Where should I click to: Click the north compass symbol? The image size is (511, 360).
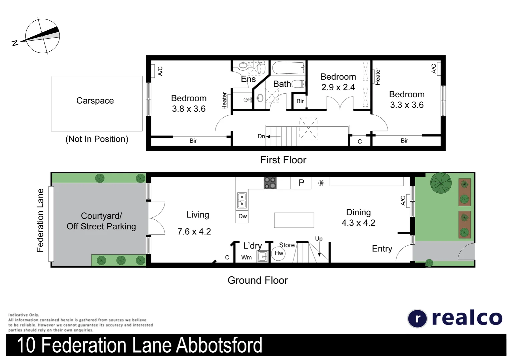click(42, 36)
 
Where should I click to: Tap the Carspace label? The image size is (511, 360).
click(95, 101)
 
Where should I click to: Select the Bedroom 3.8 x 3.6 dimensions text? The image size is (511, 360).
click(189, 109)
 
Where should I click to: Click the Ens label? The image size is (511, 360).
click(248, 79)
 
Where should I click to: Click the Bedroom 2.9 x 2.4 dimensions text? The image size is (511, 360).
click(338, 87)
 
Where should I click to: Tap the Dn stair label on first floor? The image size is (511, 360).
click(261, 136)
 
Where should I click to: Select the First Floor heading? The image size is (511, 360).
click(283, 160)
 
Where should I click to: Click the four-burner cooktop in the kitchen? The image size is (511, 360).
click(270, 183)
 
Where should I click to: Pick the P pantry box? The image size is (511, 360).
click(301, 183)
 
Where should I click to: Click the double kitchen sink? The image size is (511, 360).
click(242, 200)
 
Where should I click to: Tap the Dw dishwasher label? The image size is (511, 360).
click(242, 216)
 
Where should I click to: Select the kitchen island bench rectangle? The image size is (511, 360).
click(294, 220)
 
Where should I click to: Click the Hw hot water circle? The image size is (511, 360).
click(279, 253)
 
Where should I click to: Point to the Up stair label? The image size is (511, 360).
click(319, 239)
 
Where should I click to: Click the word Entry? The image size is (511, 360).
click(382, 249)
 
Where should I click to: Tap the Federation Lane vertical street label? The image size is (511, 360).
click(40, 220)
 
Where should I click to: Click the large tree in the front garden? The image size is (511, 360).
click(441, 183)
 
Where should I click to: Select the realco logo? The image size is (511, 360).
click(455, 318)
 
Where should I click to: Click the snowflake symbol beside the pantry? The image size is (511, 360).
click(321, 183)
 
